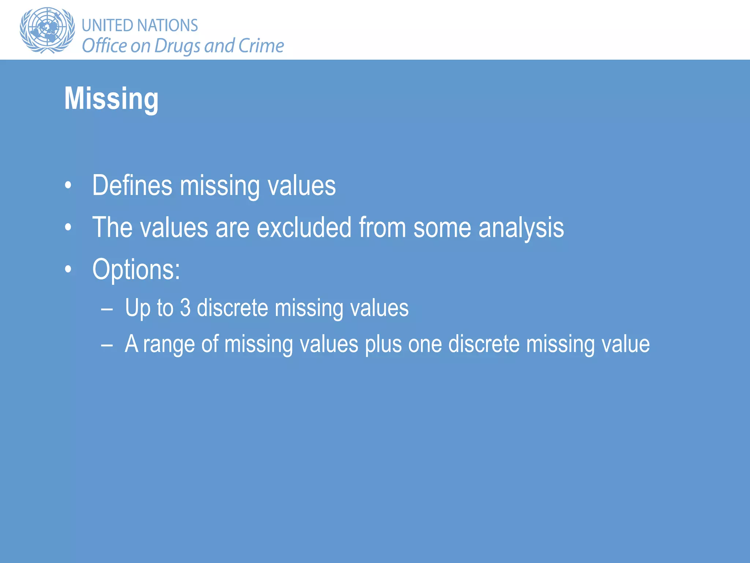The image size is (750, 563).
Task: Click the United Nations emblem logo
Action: pos(47,30)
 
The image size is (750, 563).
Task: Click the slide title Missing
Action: pos(111,99)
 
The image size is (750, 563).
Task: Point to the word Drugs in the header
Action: pos(178,46)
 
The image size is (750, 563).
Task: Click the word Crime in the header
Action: pos(261,46)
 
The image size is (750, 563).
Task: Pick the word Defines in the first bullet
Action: pos(132,185)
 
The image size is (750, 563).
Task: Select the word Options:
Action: pos(136,270)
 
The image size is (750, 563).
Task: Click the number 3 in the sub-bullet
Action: pos(185,308)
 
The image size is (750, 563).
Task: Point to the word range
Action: pos(169,345)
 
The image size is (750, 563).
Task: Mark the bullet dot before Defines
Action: pos(68,185)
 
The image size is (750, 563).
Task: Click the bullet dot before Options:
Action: pos(68,270)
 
